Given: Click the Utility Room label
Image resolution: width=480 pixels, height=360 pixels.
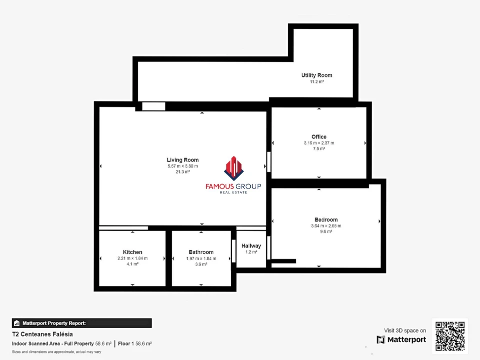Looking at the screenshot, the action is [x=317, y=75].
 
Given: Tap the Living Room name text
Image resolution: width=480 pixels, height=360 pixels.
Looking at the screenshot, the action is [x=183, y=160].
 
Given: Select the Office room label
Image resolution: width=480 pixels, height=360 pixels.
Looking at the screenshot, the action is [x=319, y=137].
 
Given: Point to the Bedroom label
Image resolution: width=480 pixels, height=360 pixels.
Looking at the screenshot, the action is [x=326, y=219].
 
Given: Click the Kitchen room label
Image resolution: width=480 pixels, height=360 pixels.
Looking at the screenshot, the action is [x=132, y=252].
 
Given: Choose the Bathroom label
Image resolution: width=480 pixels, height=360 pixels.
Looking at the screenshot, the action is [x=201, y=252].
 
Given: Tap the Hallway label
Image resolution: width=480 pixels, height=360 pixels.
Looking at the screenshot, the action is [x=251, y=245].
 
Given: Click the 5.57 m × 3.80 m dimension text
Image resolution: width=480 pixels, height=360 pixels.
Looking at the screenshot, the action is [x=183, y=166].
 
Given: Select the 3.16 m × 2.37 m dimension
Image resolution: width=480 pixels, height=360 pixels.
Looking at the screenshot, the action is [x=319, y=143].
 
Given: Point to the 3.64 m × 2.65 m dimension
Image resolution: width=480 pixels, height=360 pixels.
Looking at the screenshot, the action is [x=326, y=226].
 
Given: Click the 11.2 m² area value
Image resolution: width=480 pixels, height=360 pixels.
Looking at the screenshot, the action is [x=317, y=81].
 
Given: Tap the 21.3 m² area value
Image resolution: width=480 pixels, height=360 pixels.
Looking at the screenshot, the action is [x=183, y=172].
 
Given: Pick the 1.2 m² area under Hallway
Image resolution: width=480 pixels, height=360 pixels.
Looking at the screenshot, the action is [x=251, y=252].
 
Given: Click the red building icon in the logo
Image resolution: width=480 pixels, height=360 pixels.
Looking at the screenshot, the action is [x=234, y=168].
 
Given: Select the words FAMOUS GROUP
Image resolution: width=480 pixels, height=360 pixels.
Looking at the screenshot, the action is [x=233, y=186].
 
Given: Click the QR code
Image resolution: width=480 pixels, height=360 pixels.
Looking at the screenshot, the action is [x=450, y=336].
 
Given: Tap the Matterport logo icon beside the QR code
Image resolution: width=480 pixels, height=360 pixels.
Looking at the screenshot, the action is [x=381, y=339].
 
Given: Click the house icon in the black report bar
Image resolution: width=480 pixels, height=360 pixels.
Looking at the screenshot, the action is [x=17, y=323].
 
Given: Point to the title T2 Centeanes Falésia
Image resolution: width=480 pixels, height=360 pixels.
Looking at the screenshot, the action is [x=42, y=334].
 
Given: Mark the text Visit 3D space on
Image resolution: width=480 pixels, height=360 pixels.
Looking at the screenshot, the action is [x=405, y=330].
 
